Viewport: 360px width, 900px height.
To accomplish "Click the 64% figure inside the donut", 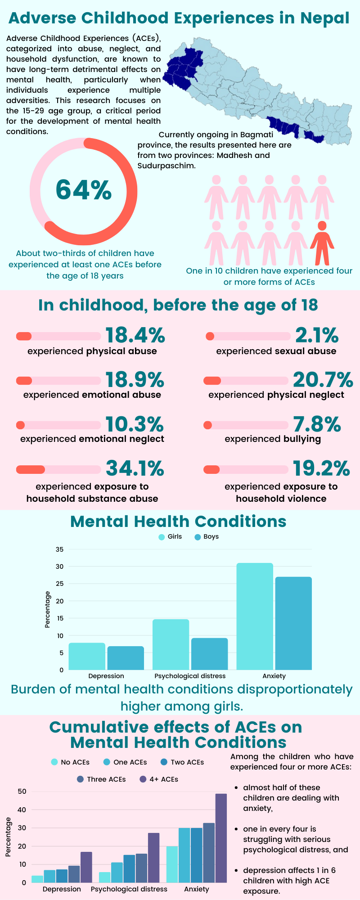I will [84, 189].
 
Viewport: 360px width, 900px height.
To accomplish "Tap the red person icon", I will [322, 243].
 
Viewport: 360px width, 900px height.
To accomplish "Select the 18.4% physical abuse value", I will [135, 335].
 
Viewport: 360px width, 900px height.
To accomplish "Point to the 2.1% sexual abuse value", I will [316, 335].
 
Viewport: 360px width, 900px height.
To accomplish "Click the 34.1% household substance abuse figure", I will [135, 468].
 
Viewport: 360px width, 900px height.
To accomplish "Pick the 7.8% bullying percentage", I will [317, 424].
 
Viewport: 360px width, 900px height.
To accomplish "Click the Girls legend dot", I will [162, 537].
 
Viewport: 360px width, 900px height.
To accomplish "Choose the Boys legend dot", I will [198, 537].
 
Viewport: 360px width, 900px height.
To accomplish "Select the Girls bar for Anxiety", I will [255, 616].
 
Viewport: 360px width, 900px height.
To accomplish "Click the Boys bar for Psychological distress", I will [210, 654].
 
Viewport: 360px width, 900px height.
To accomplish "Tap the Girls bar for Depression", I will [87, 657].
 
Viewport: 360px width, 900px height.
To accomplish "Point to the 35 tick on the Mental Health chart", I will [59, 549].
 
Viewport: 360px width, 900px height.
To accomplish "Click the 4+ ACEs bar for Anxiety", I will [221, 838].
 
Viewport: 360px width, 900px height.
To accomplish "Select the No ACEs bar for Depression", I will [37, 879].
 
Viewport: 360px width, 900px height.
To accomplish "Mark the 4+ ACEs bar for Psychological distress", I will [154, 858].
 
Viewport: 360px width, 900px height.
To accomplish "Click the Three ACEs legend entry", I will [101, 779].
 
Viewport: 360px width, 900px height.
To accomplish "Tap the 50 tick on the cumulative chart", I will [22, 792].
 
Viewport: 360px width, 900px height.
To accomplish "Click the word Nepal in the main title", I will [325, 18].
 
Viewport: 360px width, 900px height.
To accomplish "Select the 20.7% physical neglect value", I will [323, 380].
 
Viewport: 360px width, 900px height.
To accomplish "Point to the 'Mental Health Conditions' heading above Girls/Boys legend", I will [178, 521].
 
